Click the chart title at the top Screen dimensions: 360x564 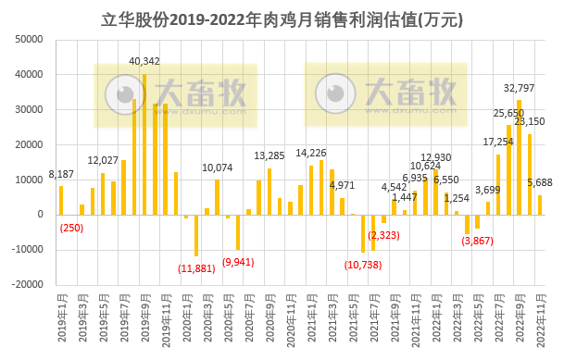pos(282,19)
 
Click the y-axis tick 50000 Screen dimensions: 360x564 pos(31,40)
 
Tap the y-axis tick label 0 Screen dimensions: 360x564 pos(43,215)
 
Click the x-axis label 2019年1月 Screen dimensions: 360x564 pos(61,320)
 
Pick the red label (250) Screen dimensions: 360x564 pos(71,229)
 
